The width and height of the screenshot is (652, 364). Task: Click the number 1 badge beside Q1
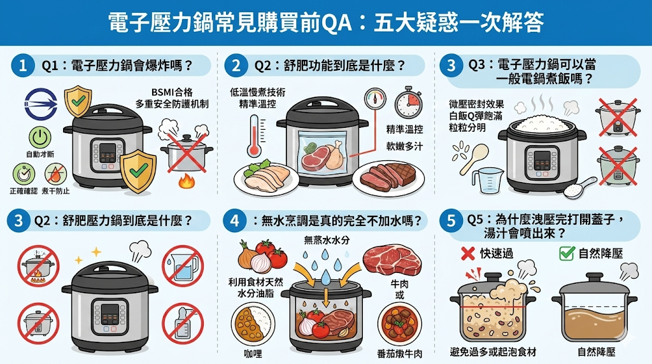coord(23,65)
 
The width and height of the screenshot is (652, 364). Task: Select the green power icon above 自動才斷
coord(39,136)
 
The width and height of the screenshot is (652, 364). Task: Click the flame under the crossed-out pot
coord(187,181)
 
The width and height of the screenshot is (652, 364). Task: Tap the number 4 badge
coord(236,221)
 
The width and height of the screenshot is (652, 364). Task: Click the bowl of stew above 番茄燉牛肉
coord(399,324)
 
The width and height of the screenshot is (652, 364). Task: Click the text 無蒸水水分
coord(325,240)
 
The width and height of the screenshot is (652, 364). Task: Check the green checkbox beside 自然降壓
coord(566,253)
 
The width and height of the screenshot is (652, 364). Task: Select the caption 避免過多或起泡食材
coord(493,351)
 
